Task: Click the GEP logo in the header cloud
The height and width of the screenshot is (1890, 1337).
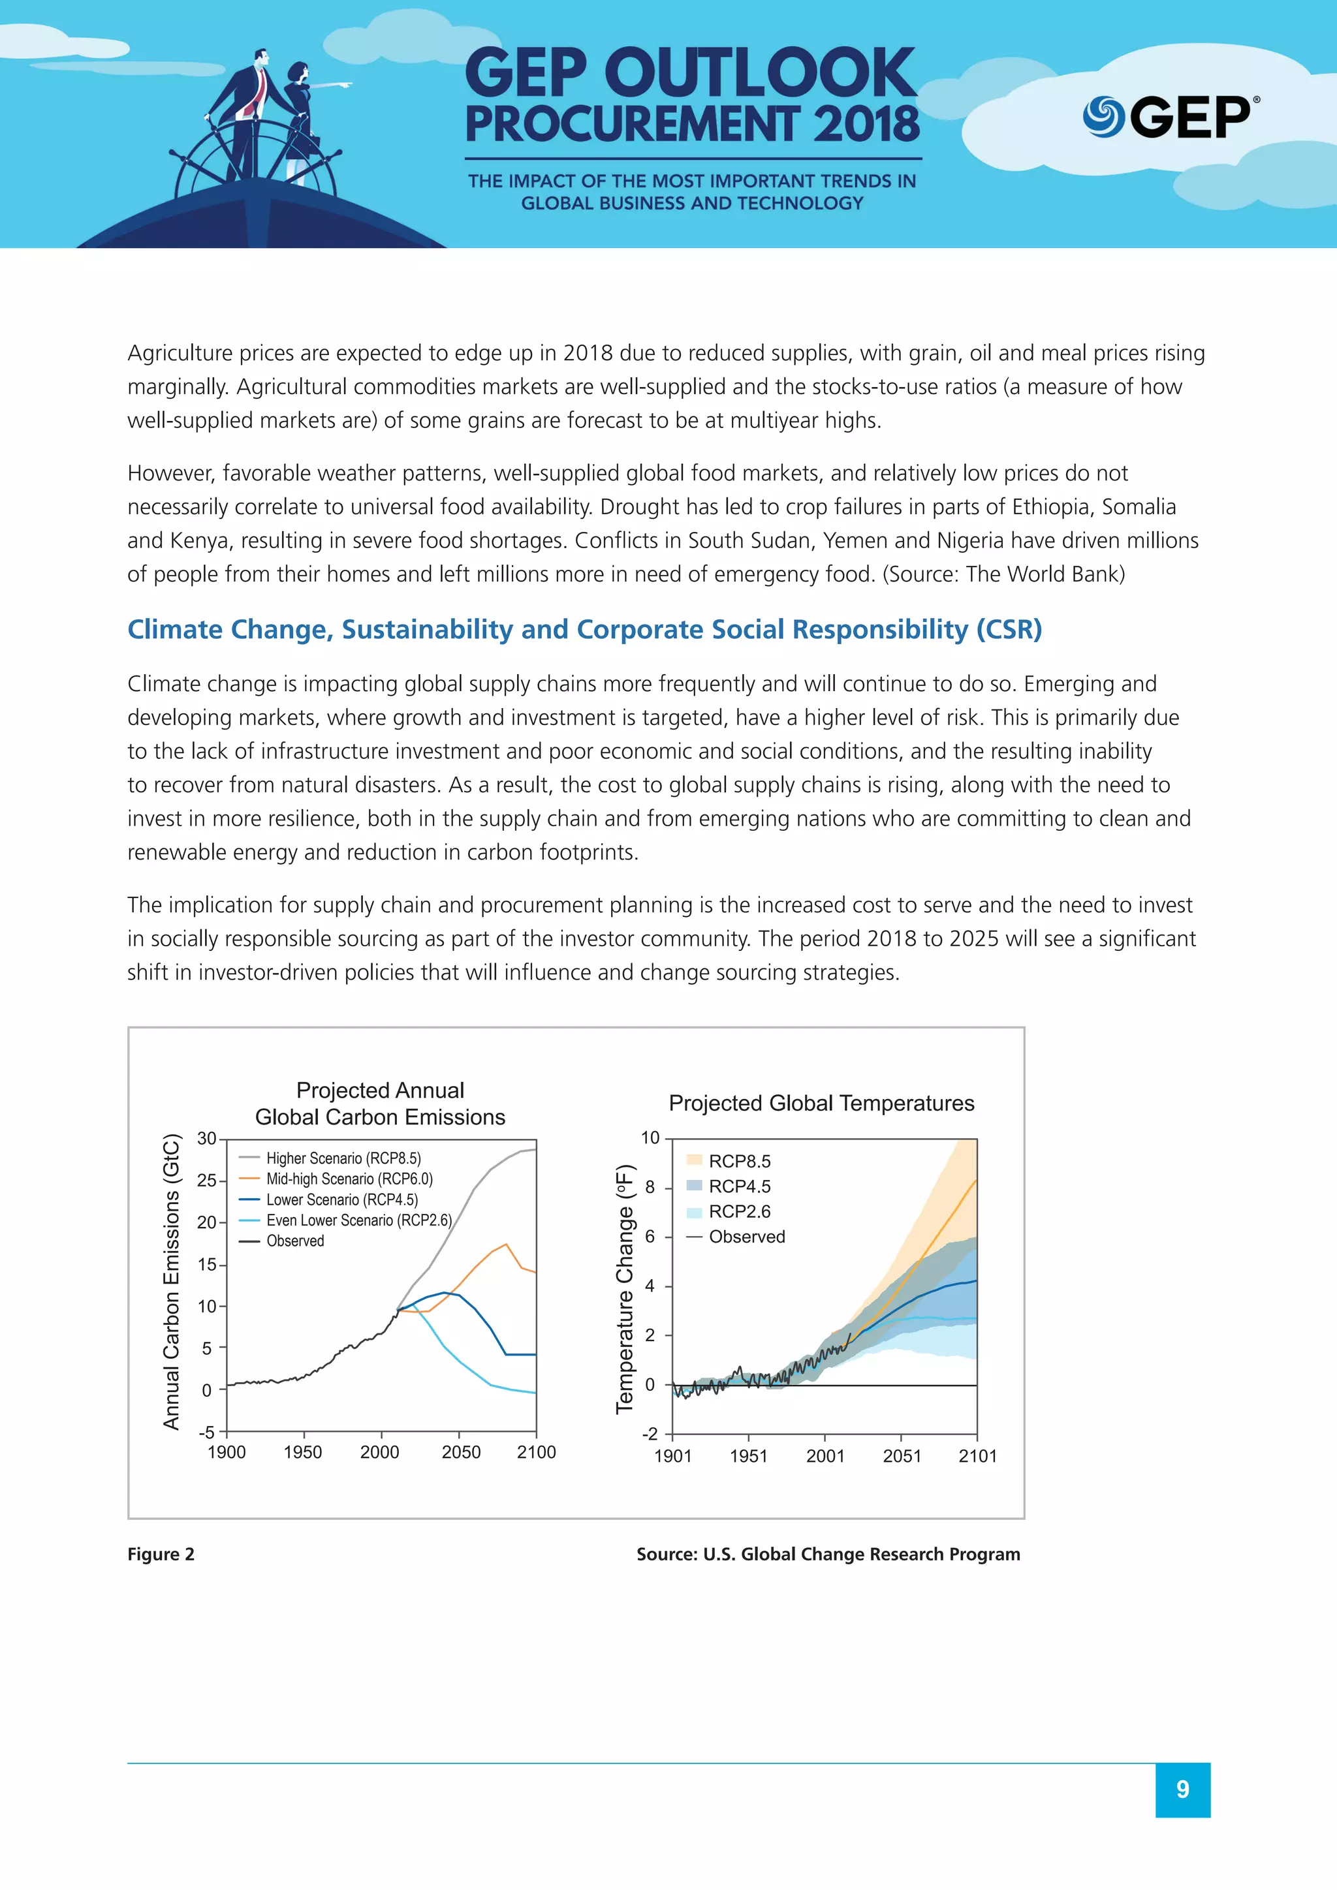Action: point(1169,117)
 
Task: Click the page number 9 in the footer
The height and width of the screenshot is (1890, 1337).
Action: point(1182,1789)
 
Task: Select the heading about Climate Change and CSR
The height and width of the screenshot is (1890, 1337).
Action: point(584,629)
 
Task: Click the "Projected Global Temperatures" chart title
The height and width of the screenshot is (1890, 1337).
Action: point(821,1103)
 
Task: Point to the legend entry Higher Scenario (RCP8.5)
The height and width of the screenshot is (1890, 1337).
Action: point(343,1158)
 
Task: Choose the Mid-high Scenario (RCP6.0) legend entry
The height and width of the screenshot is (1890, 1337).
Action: point(349,1179)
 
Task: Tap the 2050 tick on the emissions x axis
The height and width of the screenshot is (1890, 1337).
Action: point(461,1452)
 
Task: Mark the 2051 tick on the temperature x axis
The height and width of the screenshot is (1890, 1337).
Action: point(902,1456)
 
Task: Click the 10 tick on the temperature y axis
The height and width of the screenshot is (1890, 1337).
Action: point(650,1138)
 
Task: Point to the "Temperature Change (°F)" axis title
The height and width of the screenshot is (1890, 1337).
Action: point(625,1289)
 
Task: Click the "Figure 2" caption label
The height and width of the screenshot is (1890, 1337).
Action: point(161,1554)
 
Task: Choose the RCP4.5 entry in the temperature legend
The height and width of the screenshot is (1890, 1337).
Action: point(739,1186)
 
